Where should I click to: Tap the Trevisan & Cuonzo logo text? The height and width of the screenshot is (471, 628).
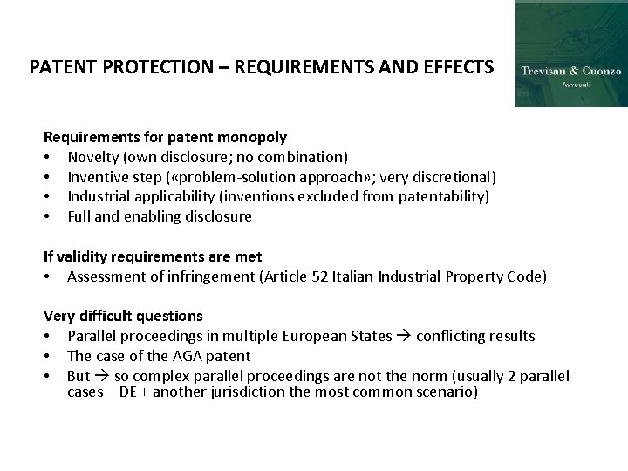pos(570,71)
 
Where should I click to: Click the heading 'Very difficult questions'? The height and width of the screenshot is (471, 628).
pos(123,316)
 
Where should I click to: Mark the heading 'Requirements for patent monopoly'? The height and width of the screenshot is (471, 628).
pos(166,137)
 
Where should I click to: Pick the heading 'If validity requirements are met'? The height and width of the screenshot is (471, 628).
pos(153,256)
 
